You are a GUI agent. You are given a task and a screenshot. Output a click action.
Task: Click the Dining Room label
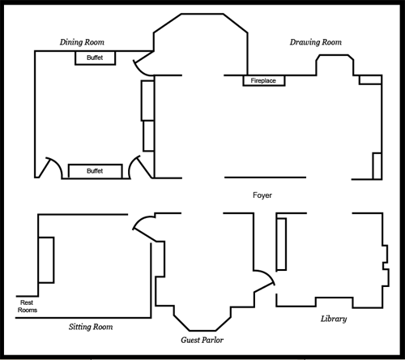point(82,42)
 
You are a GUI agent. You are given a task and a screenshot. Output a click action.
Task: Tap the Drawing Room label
point(316,42)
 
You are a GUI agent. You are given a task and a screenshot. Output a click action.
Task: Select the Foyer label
point(262,195)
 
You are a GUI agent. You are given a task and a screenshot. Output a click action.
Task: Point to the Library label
point(334,319)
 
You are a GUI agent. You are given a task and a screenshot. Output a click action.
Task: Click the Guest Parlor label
point(202,340)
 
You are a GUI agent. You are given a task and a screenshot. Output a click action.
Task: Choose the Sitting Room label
point(91,327)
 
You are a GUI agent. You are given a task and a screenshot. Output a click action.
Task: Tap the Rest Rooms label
point(28,306)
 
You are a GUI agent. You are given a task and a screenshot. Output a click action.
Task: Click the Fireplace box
point(264,80)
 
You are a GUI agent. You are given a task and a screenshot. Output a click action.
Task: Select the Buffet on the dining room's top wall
point(95,58)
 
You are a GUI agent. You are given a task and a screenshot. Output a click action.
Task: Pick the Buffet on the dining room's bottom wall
point(95,171)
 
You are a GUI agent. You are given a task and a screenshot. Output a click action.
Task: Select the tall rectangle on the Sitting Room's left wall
point(46,260)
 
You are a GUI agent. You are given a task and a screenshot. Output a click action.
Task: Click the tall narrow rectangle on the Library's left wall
point(281,244)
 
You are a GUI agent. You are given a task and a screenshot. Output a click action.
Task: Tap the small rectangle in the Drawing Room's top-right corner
point(370,79)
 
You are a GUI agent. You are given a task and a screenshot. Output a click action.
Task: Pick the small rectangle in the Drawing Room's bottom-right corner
point(377,166)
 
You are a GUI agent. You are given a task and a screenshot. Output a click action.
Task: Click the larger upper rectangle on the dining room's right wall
point(147,101)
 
